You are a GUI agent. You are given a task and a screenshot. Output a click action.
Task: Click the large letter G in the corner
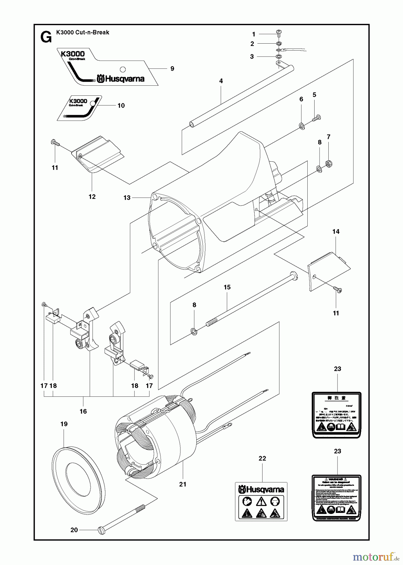pyautogui.click(x=46, y=38)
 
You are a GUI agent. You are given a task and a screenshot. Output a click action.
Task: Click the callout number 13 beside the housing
pyautogui.click(x=127, y=198)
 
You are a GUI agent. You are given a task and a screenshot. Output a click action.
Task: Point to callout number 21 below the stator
pyautogui.click(x=183, y=484)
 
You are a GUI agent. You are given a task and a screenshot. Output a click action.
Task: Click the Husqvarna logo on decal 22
pyautogui.click(x=261, y=489)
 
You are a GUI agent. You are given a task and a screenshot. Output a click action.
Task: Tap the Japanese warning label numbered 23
pyautogui.click(x=337, y=414)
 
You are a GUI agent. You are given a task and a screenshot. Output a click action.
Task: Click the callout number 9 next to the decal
pyautogui.click(x=172, y=69)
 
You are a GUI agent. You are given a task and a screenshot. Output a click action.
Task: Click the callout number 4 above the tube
pyautogui.click(x=221, y=81)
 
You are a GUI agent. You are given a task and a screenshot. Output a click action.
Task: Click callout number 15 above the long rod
pyautogui.click(x=227, y=287)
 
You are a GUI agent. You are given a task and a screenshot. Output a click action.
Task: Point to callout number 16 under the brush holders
pyautogui.click(x=83, y=411)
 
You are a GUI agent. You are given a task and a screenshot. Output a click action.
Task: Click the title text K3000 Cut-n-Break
pyautogui.click(x=83, y=32)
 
